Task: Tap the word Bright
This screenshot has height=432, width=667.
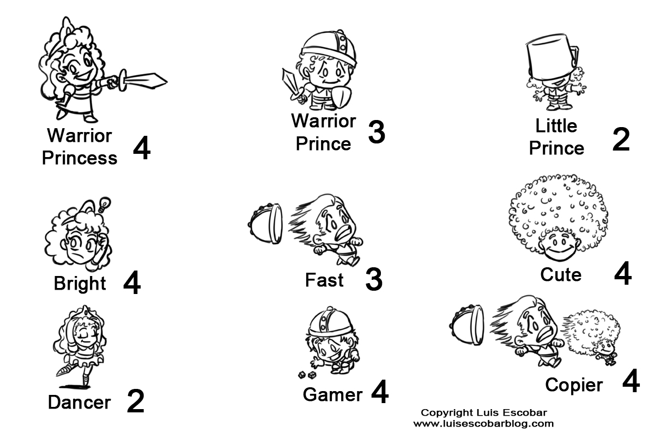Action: [x=80, y=284]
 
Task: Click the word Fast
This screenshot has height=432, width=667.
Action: [x=324, y=280]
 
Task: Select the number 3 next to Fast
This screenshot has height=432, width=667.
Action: [x=373, y=279]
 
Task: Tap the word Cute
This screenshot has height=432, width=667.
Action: [x=561, y=275]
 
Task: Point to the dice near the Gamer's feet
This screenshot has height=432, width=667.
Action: [x=307, y=375]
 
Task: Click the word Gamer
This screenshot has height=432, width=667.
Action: [x=332, y=394]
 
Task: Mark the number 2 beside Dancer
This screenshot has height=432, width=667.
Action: [x=135, y=401]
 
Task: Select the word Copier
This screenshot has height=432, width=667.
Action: [x=574, y=385]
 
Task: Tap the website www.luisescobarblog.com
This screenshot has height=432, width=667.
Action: [x=483, y=423]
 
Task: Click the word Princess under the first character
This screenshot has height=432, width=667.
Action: [x=80, y=158]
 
